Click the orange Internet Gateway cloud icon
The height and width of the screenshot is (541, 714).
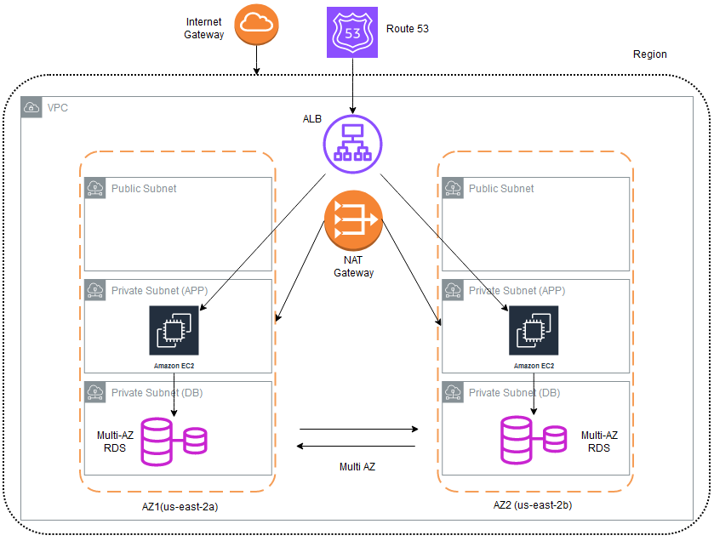coord(257,26)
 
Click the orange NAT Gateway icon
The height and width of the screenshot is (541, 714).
coord(353,219)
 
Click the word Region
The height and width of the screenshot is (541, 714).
coord(650,54)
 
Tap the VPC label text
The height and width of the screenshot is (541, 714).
coord(58,108)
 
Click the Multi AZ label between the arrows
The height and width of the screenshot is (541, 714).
coord(357,467)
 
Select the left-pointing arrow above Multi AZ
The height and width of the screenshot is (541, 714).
coord(357,446)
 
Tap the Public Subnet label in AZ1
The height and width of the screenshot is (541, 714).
coord(144,188)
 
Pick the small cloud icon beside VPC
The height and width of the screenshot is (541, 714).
coord(31,108)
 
